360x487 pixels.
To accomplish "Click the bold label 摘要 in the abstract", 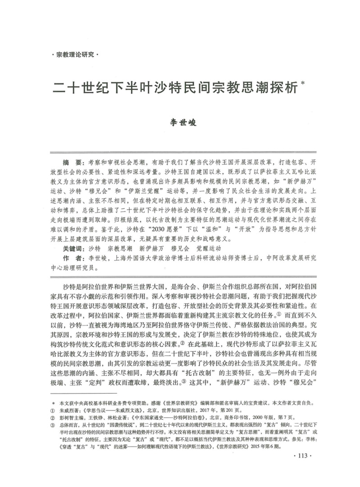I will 73,161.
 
